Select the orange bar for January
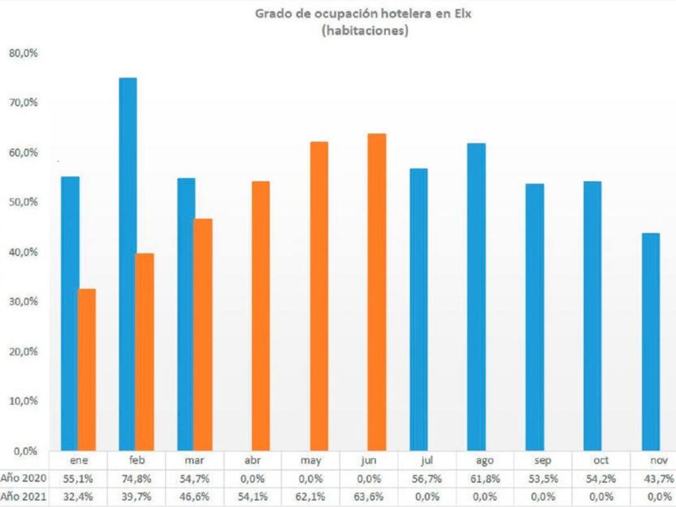(x=87, y=370)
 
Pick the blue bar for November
(x=651, y=341)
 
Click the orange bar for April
(x=261, y=315)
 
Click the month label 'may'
(x=311, y=461)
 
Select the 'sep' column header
(x=542, y=461)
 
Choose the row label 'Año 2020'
(x=23, y=479)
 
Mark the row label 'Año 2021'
(x=23, y=497)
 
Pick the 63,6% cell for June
(x=369, y=497)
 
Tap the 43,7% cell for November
(x=660, y=479)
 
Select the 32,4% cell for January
(x=78, y=497)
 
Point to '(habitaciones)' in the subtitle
(x=364, y=32)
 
